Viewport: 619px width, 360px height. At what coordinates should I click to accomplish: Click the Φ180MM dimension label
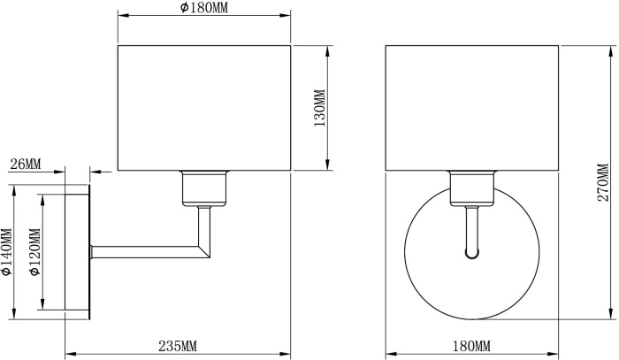pos(204,7)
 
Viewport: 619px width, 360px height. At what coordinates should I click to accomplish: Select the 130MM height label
pos(319,108)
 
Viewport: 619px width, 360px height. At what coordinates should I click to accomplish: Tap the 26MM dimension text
pos(26,164)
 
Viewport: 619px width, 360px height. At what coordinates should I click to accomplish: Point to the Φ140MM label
pos(7,251)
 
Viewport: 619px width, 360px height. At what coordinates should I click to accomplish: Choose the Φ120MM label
pos(34,252)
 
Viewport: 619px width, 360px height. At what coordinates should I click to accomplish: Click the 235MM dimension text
pos(178,346)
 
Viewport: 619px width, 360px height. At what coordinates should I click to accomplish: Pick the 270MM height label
pos(603,182)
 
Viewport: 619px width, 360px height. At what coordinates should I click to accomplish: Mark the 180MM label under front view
pos(471,346)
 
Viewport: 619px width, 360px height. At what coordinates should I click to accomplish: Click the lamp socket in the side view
pos(204,188)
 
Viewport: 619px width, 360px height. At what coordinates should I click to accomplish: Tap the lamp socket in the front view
pos(472,188)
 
